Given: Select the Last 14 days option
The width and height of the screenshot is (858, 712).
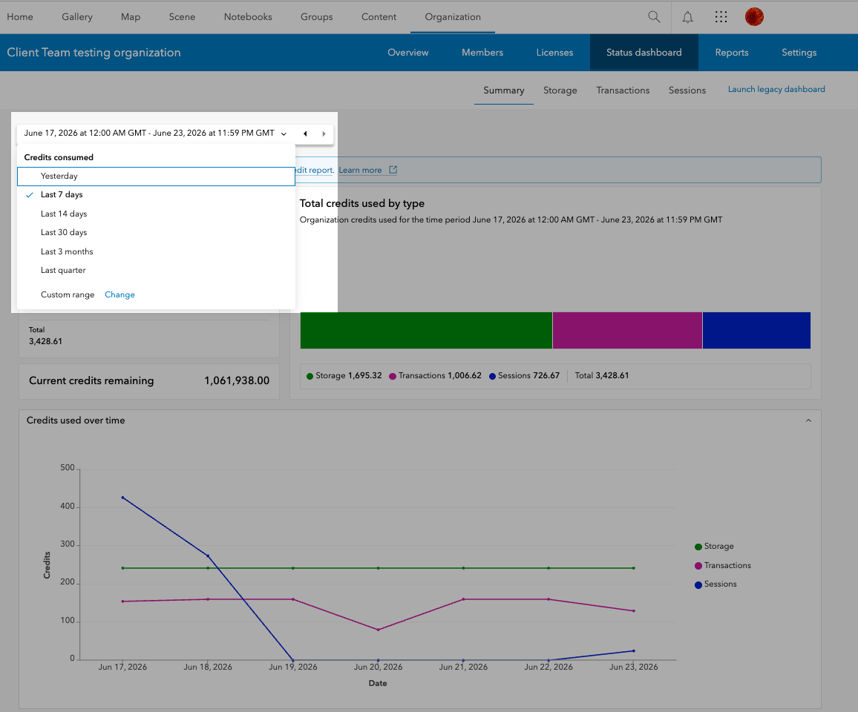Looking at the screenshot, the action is (x=64, y=214).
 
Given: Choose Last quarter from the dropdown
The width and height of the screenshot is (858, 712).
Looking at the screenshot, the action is (x=63, y=270).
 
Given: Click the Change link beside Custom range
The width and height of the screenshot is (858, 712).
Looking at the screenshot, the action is (x=119, y=294).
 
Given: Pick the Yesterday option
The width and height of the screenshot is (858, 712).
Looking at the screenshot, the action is (x=59, y=176).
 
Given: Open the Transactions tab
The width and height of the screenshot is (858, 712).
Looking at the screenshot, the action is (x=623, y=90).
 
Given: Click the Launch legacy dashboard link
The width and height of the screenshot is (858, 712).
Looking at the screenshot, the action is (x=776, y=89).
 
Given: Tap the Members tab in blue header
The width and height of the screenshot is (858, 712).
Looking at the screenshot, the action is (x=482, y=53).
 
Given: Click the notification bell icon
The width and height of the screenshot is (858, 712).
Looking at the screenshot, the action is (x=687, y=17).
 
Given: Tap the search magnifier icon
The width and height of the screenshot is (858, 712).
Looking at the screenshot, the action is (x=654, y=16).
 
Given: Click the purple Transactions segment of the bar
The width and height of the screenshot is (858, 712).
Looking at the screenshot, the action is (x=627, y=330).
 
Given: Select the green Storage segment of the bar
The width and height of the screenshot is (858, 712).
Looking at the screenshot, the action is (x=426, y=330).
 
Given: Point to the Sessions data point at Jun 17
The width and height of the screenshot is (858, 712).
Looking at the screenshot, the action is (x=122, y=498).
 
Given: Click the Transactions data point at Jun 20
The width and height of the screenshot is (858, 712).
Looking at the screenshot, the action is (x=378, y=630).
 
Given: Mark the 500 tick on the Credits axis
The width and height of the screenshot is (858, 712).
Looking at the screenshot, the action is (x=68, y=468).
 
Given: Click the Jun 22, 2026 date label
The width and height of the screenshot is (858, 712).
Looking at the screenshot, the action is (x=548, y=667).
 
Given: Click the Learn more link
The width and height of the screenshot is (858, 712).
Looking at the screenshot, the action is (x=360, y=170).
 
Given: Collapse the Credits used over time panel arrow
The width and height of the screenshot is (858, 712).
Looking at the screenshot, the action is (x=808, y=421).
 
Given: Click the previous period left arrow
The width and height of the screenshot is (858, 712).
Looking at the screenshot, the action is (x=305, y=133).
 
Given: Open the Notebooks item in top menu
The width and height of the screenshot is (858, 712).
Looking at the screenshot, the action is (x=248, y=17).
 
